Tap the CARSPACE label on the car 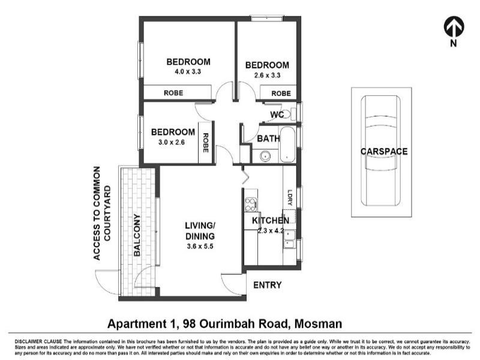point(383,151)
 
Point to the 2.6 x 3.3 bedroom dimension point(267,76)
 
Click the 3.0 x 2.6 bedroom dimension point(172,143)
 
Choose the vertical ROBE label point(205,145)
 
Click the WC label point(277,115)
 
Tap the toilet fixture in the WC point(286,114)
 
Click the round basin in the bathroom point(265,157)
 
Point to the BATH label point(268,139)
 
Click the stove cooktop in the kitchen point(250,205)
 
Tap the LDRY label point(289,198)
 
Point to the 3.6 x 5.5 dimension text point(200,245)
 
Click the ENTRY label point(267,285)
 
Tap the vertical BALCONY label point(137,235)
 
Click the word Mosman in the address point(317,324)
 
